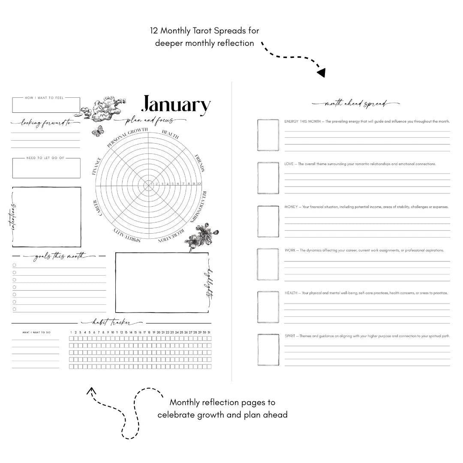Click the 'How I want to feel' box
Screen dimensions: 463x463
[46, 105]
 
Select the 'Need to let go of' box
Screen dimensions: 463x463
[46, 168]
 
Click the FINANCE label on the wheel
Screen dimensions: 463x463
[97, 166]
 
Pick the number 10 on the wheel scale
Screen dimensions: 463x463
[199, 184]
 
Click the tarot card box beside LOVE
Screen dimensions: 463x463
[268, 178]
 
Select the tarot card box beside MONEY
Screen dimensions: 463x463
[268, 221]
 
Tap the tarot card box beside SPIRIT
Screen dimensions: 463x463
[268, 350]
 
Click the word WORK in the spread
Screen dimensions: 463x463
[289, 250]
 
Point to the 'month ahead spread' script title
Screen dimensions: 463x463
[355, 104]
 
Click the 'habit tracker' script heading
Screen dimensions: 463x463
[111, 323]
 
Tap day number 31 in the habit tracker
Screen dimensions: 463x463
[209, 332]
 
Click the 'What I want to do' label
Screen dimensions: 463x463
[36, 332]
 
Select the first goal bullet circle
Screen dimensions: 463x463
[14, 265]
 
